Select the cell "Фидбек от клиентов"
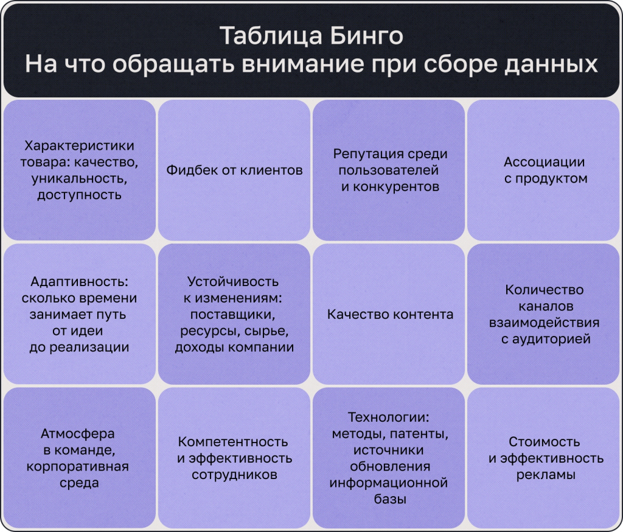[234, 170]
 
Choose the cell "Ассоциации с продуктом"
[545, 170]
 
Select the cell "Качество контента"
[390, 315]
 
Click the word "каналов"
[545, 306]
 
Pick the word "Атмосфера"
[78, 434]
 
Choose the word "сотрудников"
[234, 475]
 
